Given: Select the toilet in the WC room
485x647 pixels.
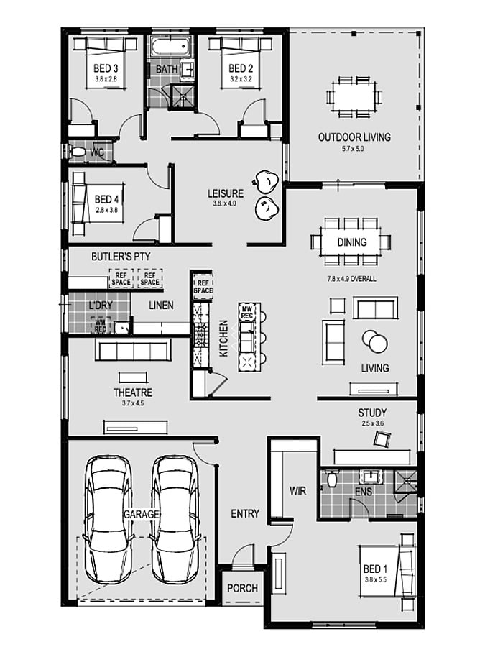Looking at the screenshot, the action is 77,152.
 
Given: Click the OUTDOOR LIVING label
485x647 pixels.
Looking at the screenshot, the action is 354,137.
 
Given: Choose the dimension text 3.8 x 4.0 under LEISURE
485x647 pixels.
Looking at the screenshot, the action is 225,203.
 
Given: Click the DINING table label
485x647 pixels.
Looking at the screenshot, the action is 352,242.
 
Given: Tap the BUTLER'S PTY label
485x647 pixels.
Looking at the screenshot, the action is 121,257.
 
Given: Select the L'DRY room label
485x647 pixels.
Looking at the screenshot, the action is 101,306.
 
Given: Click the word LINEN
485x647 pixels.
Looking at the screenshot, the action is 161,306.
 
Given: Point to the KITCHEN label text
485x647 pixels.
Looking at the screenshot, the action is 223,339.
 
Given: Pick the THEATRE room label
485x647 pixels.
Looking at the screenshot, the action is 133,393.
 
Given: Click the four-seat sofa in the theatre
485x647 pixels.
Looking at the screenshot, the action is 133,350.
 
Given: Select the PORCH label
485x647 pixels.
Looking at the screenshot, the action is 243,588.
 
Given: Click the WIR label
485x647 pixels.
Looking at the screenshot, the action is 297,491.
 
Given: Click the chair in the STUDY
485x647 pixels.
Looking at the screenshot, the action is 382,439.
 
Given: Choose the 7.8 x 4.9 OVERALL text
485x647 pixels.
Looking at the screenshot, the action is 352,279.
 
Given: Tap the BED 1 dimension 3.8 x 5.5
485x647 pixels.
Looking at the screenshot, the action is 376,579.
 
